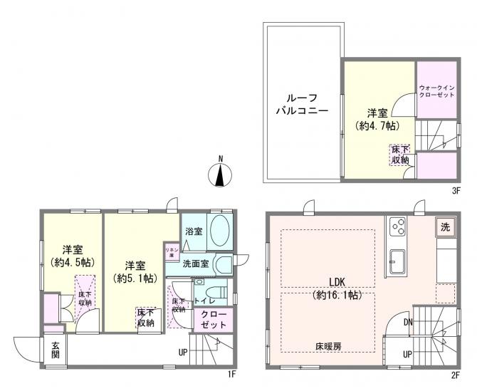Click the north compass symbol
(221, 173)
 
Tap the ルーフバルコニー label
(301, 105)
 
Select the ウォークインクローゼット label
(436, 91)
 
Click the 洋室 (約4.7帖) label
(377, 119)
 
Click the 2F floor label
(455, 374)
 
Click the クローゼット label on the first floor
(213, 319)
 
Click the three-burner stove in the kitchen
(398, 227)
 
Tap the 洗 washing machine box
(444, 228)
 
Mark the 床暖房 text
(328, 347)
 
